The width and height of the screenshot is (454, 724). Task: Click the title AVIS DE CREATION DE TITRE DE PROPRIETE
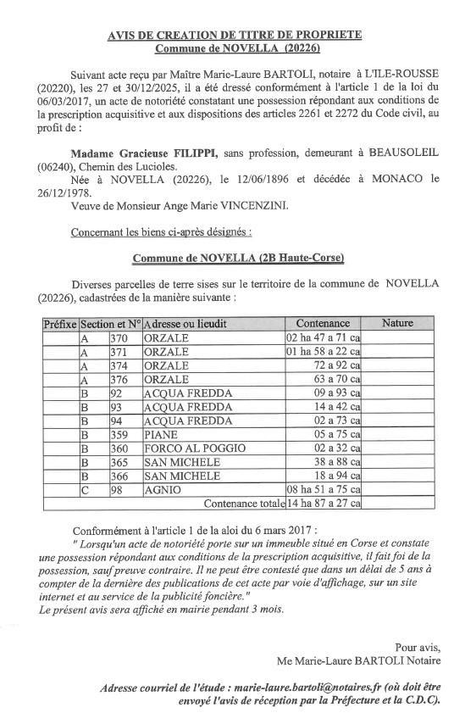click(x=235, y=34)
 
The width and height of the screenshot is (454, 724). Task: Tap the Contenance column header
click(x=322, y=323)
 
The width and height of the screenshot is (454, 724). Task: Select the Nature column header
click(x=397, y=323)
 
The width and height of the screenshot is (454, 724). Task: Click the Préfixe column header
click(x=60, y=324)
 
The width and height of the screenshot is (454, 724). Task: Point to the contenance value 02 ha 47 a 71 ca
click(x=322, y=337)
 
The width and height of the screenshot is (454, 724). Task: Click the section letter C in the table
click(x=84, y=490)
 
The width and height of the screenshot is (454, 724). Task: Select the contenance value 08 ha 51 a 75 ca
click(x=322, y=490)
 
